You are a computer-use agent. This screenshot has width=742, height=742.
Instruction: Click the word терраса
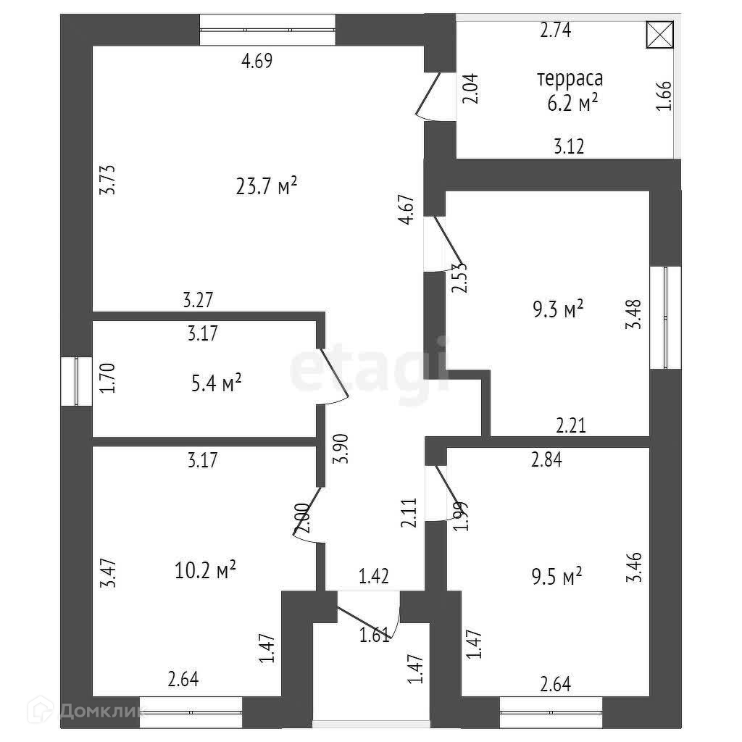tap(570, 78)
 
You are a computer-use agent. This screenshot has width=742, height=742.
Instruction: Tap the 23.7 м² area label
tap(267, 187)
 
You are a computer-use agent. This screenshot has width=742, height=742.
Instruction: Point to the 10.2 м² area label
tap(207, 571)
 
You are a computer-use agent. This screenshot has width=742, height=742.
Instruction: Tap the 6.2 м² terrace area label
tap(572, 104)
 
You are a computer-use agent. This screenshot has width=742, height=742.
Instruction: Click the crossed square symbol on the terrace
tap(659, 35)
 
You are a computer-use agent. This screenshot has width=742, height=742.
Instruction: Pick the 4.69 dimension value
tap(257, 62)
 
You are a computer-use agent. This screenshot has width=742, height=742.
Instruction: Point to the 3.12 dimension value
tap(569, 146)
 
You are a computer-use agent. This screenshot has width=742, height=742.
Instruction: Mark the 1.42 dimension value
tap(375, 577)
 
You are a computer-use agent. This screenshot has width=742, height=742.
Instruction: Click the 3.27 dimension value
tap(199, 299)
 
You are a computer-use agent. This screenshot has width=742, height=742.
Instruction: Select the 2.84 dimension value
tap(547, 458)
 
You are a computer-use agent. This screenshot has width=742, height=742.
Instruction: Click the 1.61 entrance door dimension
tap(375, 635)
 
